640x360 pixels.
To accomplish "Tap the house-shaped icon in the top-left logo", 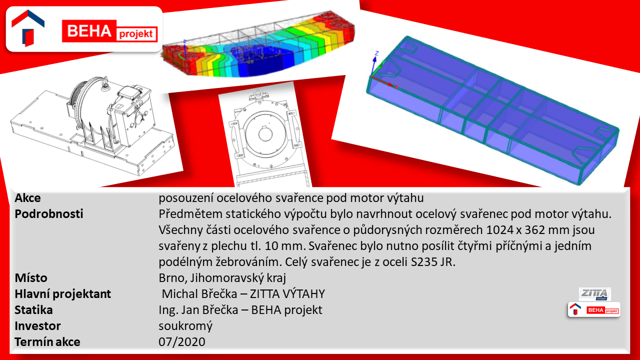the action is click(x=27, y=28).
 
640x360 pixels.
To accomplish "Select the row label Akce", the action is click(x=27, y=197).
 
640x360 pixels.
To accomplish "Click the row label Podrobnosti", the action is click(x=49, y=213).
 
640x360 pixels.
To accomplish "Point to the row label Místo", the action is click(x=31, y=277).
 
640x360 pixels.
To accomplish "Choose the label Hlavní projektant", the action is click(x=63, y=293).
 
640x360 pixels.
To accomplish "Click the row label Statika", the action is click(x=33, y=309).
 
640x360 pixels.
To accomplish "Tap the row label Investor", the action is click(x=37, y=325).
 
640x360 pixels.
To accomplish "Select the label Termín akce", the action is click(x=47, y=341).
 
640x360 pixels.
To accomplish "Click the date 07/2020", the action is click(x=182, y=341).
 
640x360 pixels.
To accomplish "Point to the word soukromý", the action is click(x=185, y=326).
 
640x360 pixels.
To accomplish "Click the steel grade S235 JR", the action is click(x=433, y=261).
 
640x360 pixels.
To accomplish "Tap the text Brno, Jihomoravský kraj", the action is click(x=222, y=277).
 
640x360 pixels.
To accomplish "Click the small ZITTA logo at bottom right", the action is click(x=595, y=293).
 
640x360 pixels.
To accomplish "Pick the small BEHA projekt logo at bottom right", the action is click(x=594, y=309).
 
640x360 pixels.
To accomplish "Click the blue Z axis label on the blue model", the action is click(x=377, y=53).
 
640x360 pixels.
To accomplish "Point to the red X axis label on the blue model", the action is click(x=396, y=86).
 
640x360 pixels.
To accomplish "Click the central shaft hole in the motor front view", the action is click(x=265, y=133).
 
